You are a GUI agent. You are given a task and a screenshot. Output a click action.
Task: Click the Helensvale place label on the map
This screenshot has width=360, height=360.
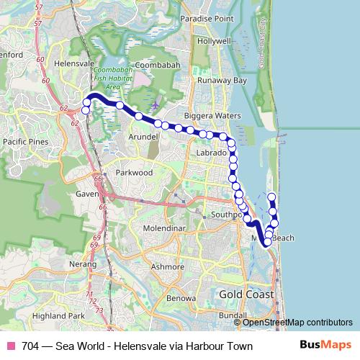(74, 64)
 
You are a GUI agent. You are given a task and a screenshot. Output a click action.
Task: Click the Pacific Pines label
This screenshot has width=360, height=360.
(26, 142)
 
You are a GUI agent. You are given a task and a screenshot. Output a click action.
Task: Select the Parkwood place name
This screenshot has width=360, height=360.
(134, 174)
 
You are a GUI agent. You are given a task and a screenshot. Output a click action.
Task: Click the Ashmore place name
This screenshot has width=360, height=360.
(168, 266)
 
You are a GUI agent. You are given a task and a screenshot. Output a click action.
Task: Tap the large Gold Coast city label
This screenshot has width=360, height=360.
(247, 296)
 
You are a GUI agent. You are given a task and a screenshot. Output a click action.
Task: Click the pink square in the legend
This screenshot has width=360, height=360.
(11, 346)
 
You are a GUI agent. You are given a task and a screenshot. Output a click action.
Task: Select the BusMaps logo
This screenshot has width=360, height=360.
(325, 346)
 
